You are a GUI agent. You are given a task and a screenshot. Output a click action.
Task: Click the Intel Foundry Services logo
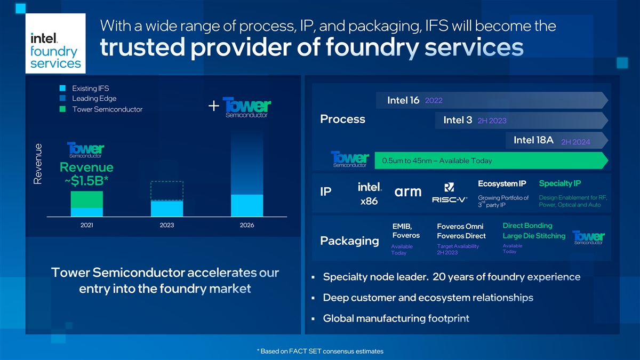tap(55, 43)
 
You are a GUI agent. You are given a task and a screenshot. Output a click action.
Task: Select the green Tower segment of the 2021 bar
tap(87, 199)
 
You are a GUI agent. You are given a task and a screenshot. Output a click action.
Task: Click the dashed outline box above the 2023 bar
tap(167, 190)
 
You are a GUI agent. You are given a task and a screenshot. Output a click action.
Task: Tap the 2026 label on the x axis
tap(247, 225)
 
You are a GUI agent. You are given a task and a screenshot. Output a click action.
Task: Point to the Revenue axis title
tap(38, 164)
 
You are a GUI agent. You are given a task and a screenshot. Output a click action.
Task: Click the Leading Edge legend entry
tap(88, 99)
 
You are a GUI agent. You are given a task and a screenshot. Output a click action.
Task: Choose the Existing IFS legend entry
tap(84, 89)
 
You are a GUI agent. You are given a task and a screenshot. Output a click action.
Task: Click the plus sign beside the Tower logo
tap(214, 106)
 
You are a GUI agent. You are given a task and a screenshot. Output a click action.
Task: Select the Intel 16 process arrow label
tap(403, 100)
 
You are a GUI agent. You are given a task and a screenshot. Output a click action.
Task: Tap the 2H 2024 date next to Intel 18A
tap(575, 142)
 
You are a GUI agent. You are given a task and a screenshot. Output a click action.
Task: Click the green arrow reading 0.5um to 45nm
tap(491, 161)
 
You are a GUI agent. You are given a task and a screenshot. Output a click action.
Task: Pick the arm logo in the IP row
tap(408, 191)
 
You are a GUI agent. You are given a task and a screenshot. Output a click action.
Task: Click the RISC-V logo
tap(450, 193)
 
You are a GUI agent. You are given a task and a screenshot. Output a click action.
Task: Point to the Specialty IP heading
tap(559, 183)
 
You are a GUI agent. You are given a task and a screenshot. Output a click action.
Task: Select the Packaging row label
tap(349, 241)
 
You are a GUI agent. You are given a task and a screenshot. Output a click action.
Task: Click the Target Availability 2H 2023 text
tap(458, 249)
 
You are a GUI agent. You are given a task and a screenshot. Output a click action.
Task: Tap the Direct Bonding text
tap(527, 226)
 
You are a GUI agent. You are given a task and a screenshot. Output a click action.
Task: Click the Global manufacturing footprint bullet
tap(396, 318)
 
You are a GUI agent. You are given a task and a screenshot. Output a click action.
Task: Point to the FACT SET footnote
tap(320, 351)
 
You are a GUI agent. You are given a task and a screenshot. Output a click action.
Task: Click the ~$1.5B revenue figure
tap(86, 181)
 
